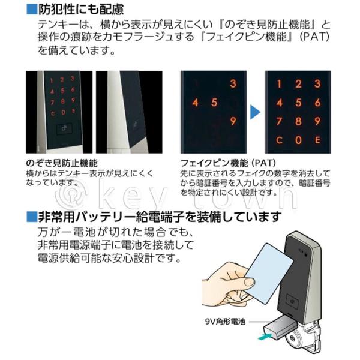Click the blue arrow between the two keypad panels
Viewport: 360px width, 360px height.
pyautogui.click(x=254, y=112)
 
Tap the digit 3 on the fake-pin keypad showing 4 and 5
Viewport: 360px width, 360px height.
pyautogui.click(x=233, y=83)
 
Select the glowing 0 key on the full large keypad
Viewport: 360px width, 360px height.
pyautogui.click(x=298, y=140)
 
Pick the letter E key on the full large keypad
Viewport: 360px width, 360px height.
pyautogui.click(x=317, y=140)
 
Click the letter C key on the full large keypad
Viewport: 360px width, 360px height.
pyautogui.click(x=279, y=140)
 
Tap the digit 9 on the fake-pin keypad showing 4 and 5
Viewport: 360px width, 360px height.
pyautogui.click(x=233, y=121)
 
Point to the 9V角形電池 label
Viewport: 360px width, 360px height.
pyautogui.click(x=225, y=322)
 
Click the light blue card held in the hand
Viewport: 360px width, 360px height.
pyautogui.click(x=269, y=273)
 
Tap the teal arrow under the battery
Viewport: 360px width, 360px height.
pyautogui.click(x=265, y=337)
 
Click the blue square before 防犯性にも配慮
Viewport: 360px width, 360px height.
pyautogui.click(x=32, y=10)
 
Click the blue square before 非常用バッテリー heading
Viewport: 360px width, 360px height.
pyautogui.click(x=32, y=217)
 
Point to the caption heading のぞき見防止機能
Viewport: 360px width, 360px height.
pyautogui.click(x=62, y=163)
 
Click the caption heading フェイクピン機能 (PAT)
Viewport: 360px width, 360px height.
pyautogui.click(x=228, y=163)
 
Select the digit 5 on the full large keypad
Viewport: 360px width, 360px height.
pyautogui.click(x=298, y=103)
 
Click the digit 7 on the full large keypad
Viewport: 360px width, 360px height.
pyautogui.click(x=279, y=121)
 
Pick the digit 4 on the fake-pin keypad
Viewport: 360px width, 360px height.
pyautogui.click(x=195, y=103)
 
